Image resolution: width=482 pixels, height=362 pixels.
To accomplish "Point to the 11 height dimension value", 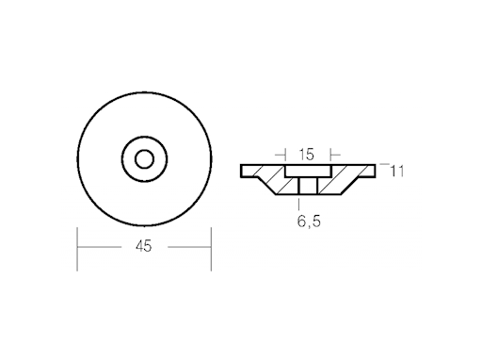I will coord(397,171).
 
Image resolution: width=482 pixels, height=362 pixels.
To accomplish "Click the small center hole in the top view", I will coord(144,158).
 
